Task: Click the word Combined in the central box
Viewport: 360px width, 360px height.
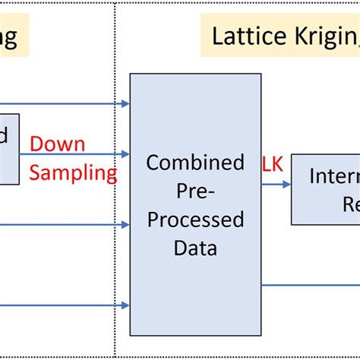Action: pyautogui.click(x=195, y=163)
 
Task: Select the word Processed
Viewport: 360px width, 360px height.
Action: pyautogui.click(x=195, y=219)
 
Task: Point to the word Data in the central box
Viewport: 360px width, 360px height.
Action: pyautogui.click(x=195, y=248)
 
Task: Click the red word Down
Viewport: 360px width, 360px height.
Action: pyautogui.click(x=58, y=144)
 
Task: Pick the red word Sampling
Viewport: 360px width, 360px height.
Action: pyautogui.click(x=73, y=173)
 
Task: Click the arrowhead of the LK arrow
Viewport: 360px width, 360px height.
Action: pyautogui.click(x=286, y=184)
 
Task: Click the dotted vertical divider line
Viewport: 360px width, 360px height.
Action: pyautogui.click(x=115, y=228)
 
